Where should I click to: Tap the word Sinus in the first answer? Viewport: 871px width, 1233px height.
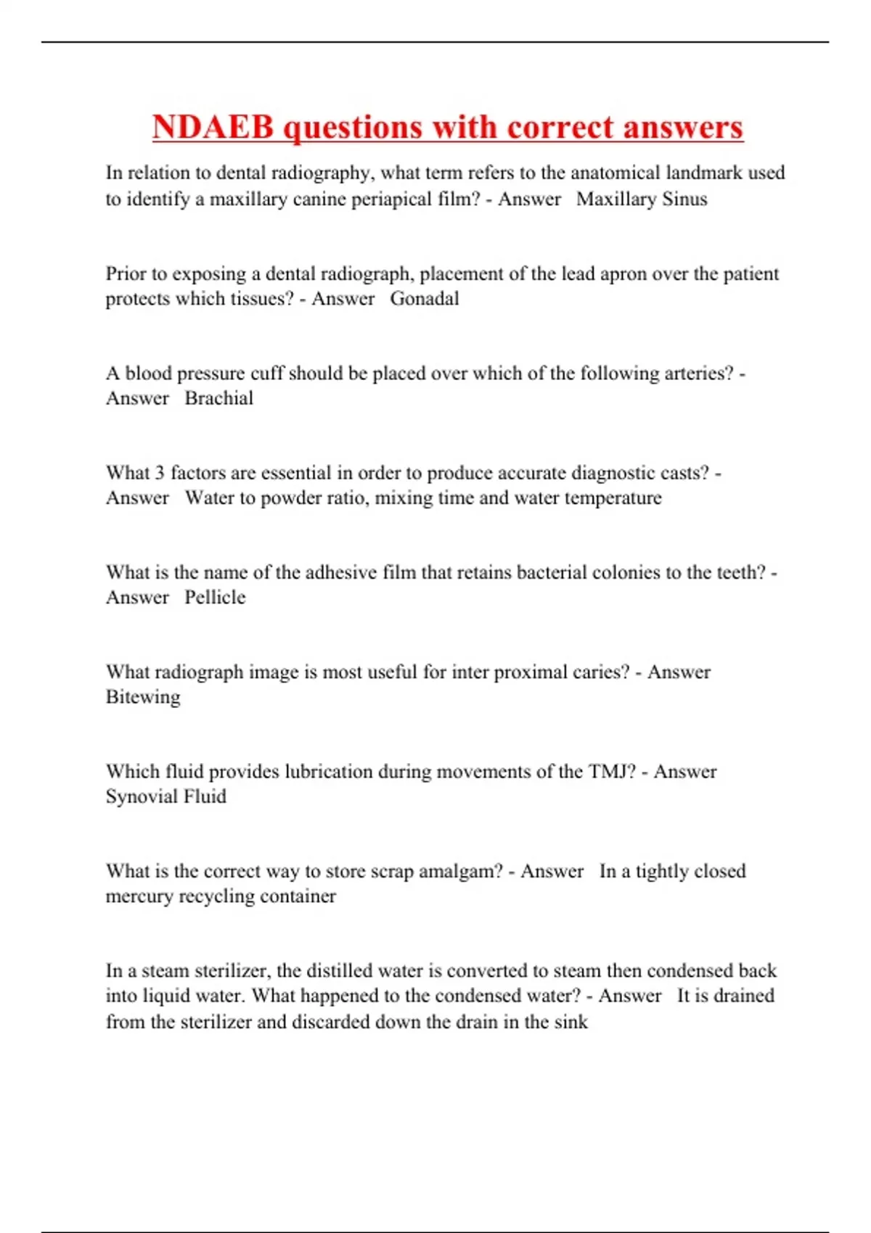tap(684, 199)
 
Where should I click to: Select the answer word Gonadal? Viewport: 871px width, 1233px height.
tap(425, 298)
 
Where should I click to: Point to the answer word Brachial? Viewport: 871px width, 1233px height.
tap(218, 398)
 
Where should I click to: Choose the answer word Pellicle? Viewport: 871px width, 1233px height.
tap(215, 597)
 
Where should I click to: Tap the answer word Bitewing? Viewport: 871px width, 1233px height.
tap(143, 697)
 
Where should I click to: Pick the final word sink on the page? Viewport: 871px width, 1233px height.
tap(571, 1022)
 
